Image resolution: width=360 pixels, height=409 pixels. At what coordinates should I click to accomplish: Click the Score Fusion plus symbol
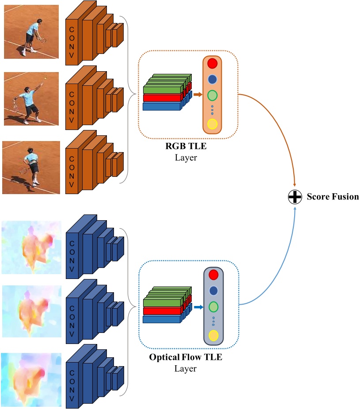click(295, 197)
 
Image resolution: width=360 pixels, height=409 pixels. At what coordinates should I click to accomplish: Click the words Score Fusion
click(333, 197)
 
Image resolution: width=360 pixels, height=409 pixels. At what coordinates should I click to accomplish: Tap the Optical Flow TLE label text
click(186, 357)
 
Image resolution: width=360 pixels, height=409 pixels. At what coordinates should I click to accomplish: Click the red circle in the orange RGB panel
click(212, 63)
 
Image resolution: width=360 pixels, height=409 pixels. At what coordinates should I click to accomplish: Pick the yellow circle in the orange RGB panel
click(212, 124)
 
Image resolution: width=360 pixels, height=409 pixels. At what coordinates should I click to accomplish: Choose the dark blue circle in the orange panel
click(212, 79)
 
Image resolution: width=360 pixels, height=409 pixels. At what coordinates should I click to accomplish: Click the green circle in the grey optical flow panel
click(213, 306)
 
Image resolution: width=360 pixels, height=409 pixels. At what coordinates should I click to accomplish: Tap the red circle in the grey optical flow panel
click(213, 275)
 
